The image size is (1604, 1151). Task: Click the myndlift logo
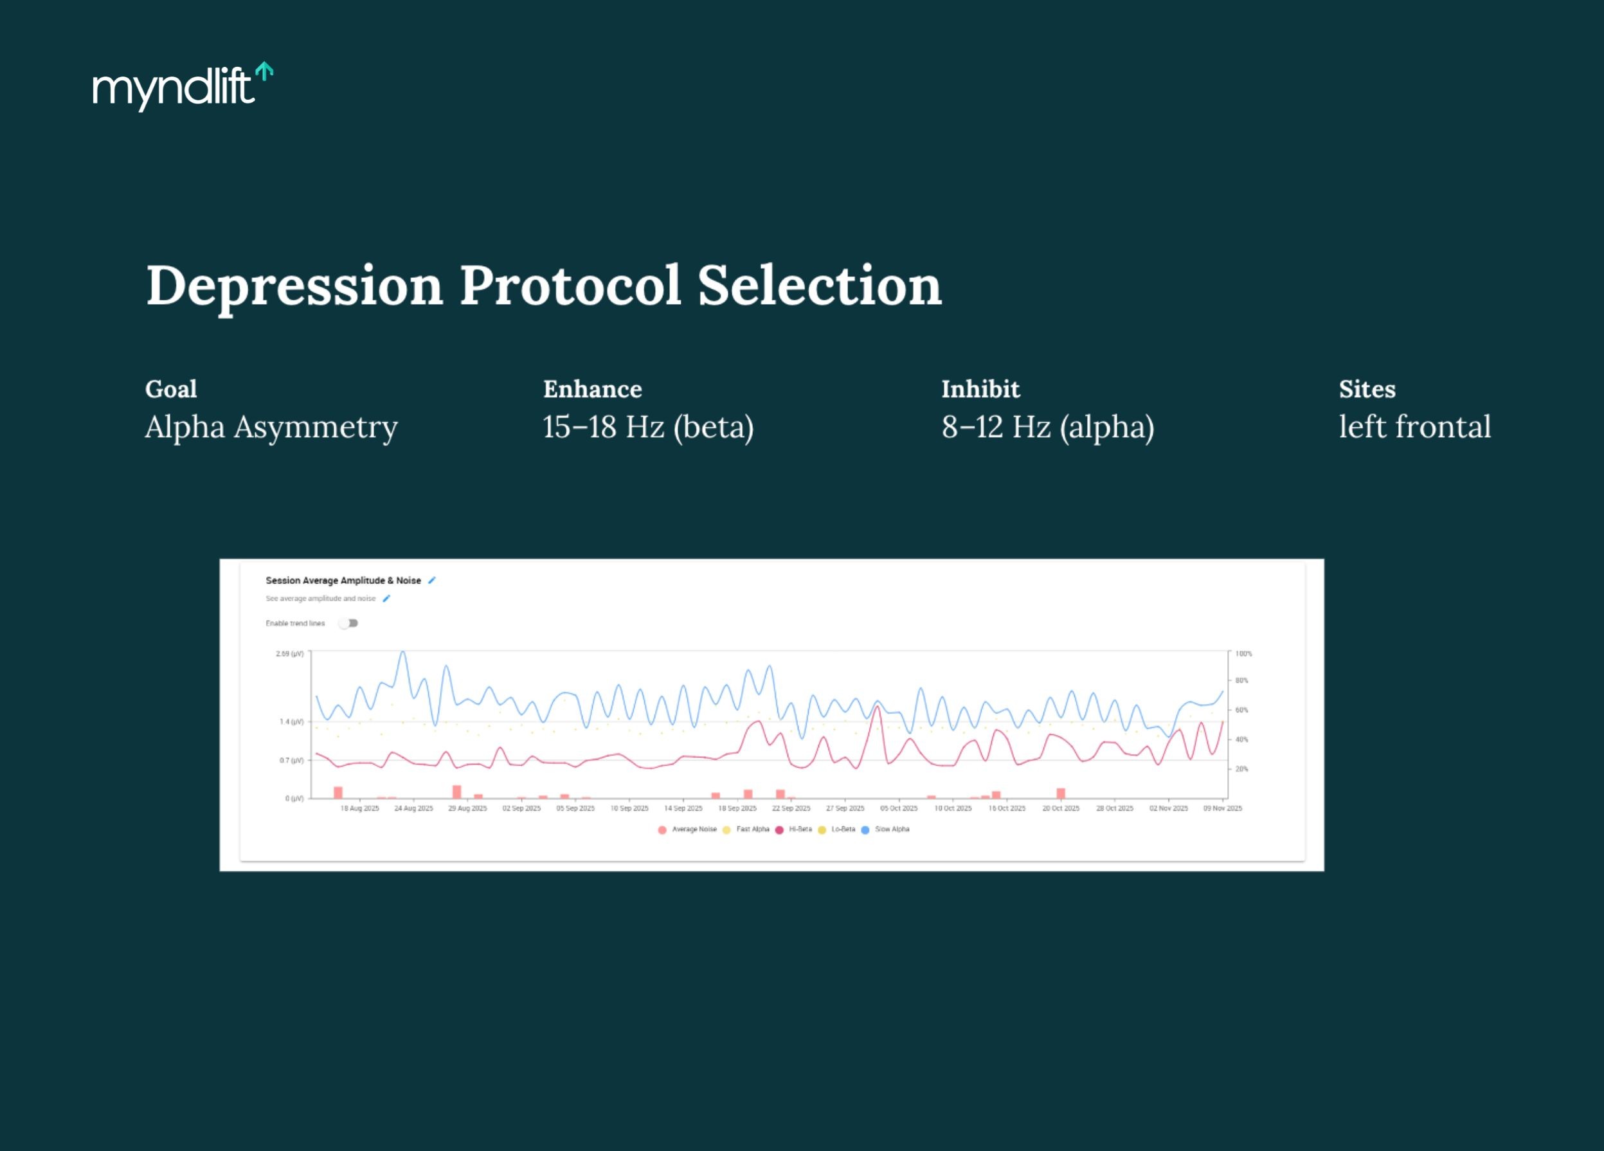pos(183,86)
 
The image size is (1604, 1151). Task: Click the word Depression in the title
pos(294,285)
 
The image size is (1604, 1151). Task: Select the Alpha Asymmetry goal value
pos(271,426)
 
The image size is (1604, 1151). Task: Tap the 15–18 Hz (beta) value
pos(648,426)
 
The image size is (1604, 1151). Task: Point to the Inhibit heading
pos(980,389)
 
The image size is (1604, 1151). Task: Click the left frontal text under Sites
pos(1414,426)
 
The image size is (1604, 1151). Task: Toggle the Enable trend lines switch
pos(348,623)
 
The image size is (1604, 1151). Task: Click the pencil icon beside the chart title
pos(432,580)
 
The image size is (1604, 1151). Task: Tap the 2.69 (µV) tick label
pos(290,654)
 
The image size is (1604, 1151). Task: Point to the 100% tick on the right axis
pos(1243,654)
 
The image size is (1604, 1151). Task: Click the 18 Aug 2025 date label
pos(360,808)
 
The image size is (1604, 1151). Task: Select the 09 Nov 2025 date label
pos(1223,808)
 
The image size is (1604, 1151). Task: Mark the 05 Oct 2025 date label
pos(899,808)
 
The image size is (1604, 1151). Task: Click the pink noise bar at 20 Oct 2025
pos(1061,793)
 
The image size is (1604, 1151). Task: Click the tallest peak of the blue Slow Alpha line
pos(403,653)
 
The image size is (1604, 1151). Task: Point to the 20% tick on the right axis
pos(1241,769)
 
